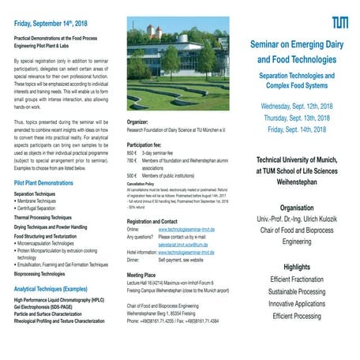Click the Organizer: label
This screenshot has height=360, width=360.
pyautogui.click(x=138, y=122)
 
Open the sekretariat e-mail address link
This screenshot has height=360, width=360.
pyautogui.click(x=181, y=246)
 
